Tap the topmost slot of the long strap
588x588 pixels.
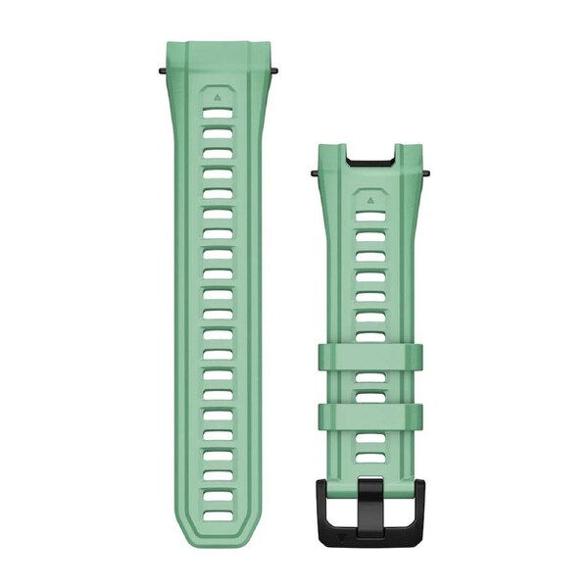tap(218, 114)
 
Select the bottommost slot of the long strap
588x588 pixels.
tap(218, 515)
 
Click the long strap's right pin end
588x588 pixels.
tap(276, 71)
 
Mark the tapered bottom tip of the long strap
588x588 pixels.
tap(218, 539)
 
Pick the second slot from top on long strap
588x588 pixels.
tap(218, 133)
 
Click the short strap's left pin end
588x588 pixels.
tap(315, 173)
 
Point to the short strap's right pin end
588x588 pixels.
tap(427, 173)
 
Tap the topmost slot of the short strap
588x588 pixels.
tap(370, 215)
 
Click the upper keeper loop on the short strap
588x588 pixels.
tap(370, 356)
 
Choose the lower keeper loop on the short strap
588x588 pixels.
tap(370, 416)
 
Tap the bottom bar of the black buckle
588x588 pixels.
tap(370, 538)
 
